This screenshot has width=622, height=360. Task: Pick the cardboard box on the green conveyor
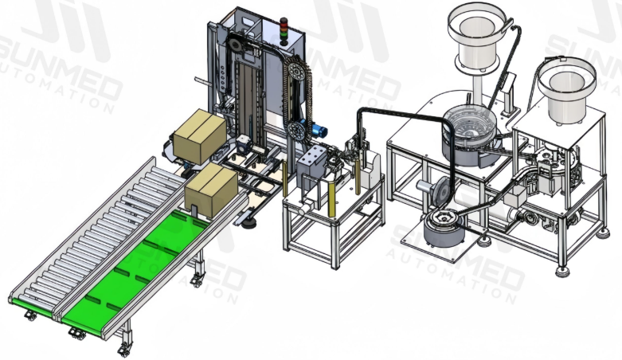tap(212, 186)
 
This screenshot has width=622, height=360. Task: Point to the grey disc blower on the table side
tap(427, 191)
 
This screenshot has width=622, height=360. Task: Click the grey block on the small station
tap(313, 163)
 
